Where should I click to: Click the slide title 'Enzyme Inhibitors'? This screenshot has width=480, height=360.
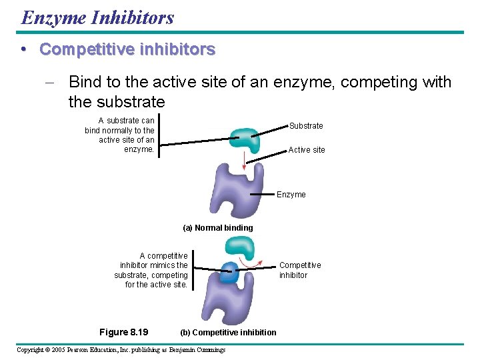tap(97, 17)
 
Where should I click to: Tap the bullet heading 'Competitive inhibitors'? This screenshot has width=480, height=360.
tap(127, 49)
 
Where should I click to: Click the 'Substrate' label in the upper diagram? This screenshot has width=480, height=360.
tap(306, 126)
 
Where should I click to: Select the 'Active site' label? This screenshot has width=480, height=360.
tap(307, 150)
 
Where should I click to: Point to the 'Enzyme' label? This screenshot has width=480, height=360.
tap(291, 195)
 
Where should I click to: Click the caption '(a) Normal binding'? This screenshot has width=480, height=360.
tap(218, 228)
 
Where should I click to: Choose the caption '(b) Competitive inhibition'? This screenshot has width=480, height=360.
tap(228, 333)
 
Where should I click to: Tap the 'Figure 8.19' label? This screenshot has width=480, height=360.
tap(123, 332)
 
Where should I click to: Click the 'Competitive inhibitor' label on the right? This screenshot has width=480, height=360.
tap(300, 270)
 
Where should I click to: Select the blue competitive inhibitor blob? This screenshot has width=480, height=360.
tap(229, 273)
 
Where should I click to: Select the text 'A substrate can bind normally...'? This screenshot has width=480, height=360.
tap(120, 135)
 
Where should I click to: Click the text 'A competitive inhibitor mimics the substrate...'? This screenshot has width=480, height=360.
tap(151, 270)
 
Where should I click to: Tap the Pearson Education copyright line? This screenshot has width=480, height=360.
tap(121, 350)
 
